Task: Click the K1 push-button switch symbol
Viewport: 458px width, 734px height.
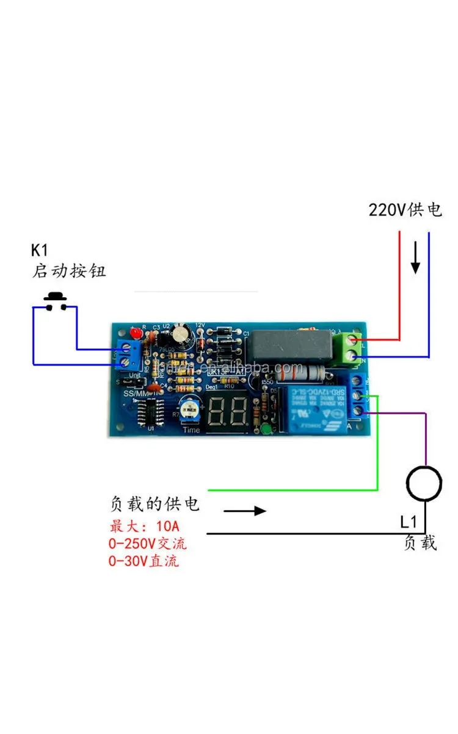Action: tap(55, 302)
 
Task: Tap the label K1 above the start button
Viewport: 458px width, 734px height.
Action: tap(39, 250)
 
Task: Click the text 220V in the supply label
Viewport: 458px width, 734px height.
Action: tap(387, 210)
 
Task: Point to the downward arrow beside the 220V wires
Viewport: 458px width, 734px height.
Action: tap(415, 258)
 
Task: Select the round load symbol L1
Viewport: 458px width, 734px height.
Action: tap(424, 484)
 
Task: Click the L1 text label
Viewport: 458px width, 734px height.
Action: tap(409, 522)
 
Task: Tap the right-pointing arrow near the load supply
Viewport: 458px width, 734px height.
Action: tap(245, 510)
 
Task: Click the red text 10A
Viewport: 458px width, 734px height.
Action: tap(167, 527)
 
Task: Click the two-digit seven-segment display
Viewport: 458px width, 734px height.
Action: tap(227, 413)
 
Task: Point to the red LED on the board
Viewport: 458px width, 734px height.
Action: tap(136, 333)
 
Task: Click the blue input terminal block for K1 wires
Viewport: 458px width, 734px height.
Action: tap(126, 355)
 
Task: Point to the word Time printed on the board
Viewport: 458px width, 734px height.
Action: tap(191, 429)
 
